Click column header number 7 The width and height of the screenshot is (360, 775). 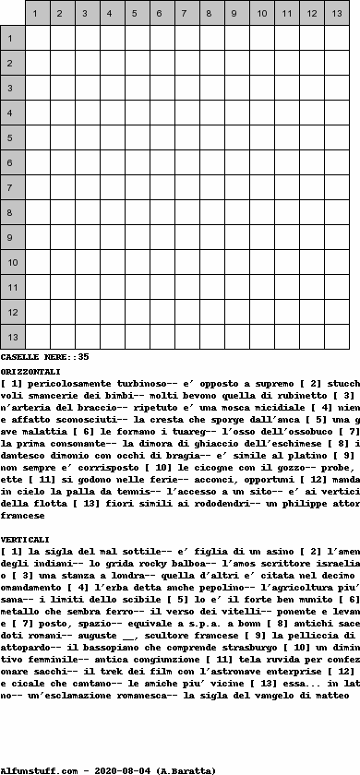click(186, 14)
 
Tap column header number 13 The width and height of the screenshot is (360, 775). click(336, 14)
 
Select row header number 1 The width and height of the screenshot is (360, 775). click(12, 39)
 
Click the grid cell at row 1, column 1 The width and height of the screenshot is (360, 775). click(37, 39)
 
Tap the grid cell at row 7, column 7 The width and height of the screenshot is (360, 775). click(186, 188)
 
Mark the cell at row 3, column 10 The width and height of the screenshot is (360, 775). click(261, 89)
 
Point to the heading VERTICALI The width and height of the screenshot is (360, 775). click(25, 538)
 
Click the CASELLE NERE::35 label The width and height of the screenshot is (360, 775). click(45, 356)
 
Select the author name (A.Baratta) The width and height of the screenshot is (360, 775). click(189, 769)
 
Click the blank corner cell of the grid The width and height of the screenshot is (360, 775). click(12, 14)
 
